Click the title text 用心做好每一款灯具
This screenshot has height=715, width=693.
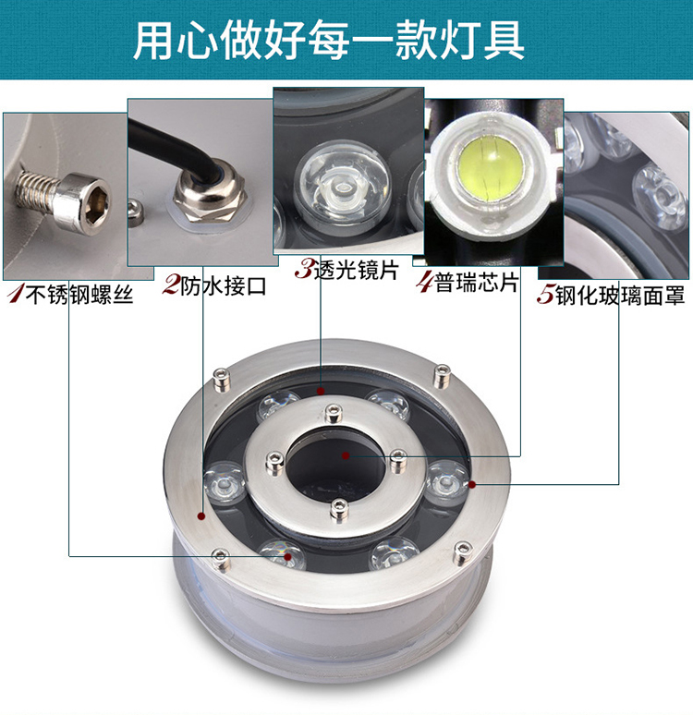[x=328, y=41]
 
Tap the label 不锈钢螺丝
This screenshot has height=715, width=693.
[x=79, y=295]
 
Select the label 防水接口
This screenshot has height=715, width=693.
[x=223, y=286]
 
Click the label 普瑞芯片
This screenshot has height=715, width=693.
[x=477, y=283]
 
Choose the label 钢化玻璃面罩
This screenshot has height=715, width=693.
[x=620, y=296]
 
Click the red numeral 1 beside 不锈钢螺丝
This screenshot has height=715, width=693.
[x=16, y=294]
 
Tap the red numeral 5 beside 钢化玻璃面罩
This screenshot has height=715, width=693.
[x=546, y=295]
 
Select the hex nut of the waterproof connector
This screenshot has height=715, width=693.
[x=211, y=204]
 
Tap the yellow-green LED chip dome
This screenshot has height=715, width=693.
[x=491, y=168]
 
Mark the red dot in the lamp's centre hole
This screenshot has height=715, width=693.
[x=346, y=455]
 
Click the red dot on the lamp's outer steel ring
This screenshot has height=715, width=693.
[x=201, y=515]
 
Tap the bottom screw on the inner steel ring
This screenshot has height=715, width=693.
[x=339, y=508]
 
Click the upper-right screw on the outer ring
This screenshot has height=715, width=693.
[x=441, y=376]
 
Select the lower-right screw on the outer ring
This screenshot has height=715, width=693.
[x=463, y=553]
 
